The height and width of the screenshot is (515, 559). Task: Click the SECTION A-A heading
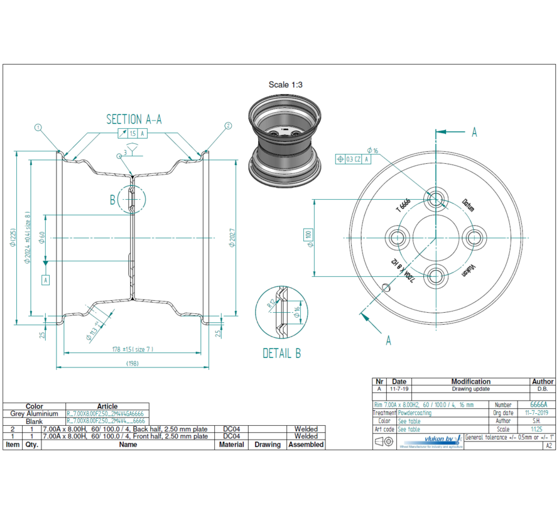pos(134,119)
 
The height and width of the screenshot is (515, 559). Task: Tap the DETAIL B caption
pos(281,354)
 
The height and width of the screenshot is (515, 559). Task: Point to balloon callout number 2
pos(227,126)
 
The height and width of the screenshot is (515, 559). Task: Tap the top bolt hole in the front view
pos(436,199)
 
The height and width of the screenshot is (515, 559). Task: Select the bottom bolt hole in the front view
pos(436,274)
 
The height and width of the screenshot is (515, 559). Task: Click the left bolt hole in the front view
pos(398,237)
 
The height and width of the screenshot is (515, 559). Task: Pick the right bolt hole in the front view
pos(474,237)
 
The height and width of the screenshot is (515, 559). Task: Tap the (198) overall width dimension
pos(133,363)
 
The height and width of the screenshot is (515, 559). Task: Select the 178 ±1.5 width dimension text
pos(133,349)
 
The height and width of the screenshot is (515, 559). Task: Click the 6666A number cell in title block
pos(538,405)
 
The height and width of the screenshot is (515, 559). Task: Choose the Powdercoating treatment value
pos(415,413)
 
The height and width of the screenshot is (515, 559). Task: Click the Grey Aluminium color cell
pos(35,414)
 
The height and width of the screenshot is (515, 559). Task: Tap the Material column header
pos(231,445)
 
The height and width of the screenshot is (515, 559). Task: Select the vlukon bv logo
pos(432,440)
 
